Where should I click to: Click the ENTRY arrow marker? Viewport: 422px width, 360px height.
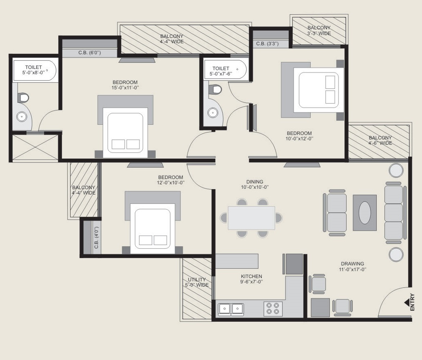407,303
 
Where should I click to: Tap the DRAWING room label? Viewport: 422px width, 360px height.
352,264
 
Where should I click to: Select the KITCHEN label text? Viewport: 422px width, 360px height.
252,276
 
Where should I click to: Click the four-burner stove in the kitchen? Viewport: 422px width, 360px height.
273,309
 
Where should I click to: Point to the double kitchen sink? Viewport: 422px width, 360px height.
231,309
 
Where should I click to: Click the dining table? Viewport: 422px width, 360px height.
252,218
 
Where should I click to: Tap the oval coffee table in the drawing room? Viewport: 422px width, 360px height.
365,212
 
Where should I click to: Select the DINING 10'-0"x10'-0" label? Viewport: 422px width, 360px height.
254,184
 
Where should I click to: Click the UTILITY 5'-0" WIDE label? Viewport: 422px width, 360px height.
197,282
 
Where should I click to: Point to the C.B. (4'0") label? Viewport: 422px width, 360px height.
96,237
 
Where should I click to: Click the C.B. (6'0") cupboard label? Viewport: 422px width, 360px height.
90,53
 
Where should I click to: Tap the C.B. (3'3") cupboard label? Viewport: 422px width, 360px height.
267,44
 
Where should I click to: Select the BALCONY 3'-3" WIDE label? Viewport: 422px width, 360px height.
319,31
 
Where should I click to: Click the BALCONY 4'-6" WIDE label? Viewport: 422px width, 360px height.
380,140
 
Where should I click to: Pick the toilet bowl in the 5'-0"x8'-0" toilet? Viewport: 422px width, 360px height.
23,98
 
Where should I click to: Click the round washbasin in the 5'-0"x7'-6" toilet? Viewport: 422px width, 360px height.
212,113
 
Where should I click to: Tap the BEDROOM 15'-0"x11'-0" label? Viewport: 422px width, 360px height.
125,85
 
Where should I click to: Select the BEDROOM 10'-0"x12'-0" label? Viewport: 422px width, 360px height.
299,136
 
